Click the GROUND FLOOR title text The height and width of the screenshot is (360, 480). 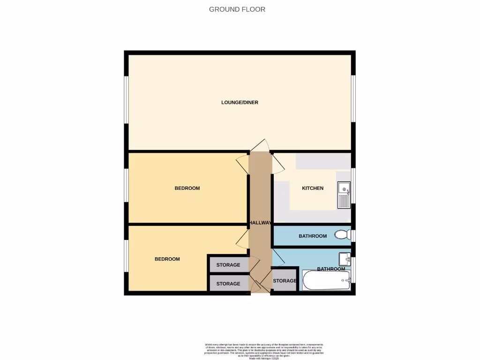point(237,9)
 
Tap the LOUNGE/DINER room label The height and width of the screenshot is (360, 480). point(240,102)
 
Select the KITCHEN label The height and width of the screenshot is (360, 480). point(313,188)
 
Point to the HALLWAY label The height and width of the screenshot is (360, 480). point(260,223)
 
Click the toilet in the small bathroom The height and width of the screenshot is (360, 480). point(343,234)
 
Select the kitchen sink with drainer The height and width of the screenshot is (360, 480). point(344,195)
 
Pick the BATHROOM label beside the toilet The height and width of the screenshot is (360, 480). point(313,236)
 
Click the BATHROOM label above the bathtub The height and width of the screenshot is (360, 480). point(331,269)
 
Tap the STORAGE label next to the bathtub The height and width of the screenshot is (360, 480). point(285,281)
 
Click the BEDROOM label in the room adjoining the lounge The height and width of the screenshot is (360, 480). point(187,188)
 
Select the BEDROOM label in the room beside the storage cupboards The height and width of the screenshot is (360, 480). point(167,259)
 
